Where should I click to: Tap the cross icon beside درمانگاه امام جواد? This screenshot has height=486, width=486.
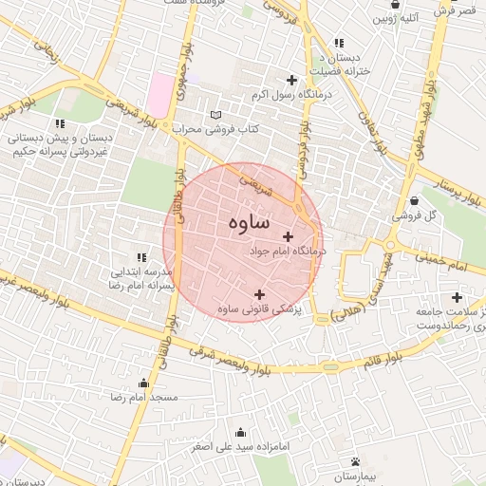(289, 236)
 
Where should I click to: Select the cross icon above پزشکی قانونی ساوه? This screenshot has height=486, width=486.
(260, 294)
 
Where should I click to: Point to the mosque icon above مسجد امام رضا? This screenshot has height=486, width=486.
(143, 383)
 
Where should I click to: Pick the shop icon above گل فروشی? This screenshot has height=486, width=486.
(417, 200)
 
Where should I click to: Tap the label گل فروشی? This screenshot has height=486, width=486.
(418, 215)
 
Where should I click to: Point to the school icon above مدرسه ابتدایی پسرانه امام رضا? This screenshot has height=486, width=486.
(141, 256)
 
